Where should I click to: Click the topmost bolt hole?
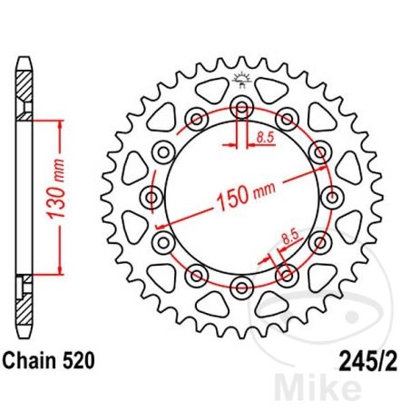click(x=241, y=107)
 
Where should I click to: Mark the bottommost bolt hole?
click(x=241, y=288)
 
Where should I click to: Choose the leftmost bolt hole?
click(x=151, y=197)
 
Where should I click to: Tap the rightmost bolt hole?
click(x=332, y=197)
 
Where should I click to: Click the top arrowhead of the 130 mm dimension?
click(x=61, y=128)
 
